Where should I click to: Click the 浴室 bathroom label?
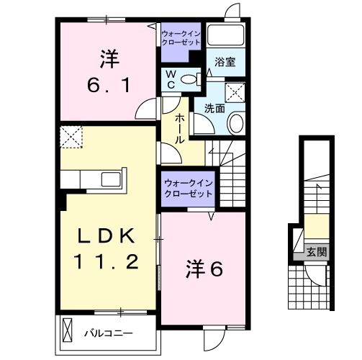(225, 63)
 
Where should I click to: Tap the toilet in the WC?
(191, 79)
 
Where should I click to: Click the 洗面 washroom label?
(214, 109)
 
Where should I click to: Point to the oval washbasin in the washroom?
(235, 124)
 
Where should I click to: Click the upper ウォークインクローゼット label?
(181, 38)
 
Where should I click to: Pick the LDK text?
(109, 236)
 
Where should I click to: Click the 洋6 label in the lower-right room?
(206, 269)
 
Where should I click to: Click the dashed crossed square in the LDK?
(71, 135)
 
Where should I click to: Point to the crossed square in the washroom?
(234, 92)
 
